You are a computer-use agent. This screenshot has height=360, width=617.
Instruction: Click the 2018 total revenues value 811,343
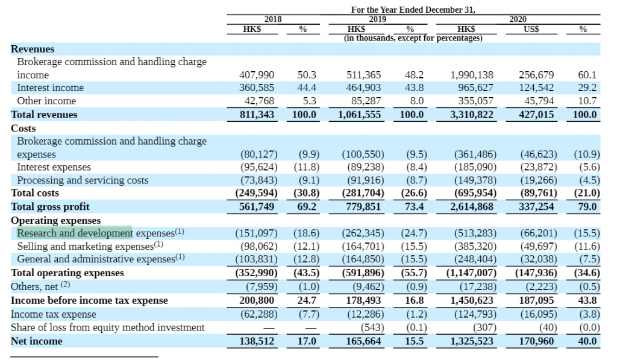coord(257,115)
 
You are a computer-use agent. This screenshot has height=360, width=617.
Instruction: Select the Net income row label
coord(37,341)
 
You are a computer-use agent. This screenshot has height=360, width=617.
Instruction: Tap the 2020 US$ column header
coord(531,29)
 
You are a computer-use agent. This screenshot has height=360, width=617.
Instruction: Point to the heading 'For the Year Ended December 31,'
coord(413,10)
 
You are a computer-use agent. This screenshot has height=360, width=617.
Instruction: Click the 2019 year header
coord(377,19)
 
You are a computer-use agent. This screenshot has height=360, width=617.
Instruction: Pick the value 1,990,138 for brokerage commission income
coord(472,75)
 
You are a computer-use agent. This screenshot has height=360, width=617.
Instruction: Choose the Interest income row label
coord(51,87)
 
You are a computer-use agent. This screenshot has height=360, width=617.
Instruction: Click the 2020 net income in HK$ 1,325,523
coord(472,341)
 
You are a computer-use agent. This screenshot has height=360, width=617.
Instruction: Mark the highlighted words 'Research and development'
coord(75,233)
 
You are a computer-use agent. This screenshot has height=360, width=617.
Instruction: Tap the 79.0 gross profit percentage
coord(587,207)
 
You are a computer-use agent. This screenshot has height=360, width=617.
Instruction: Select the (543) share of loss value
coord(372,327)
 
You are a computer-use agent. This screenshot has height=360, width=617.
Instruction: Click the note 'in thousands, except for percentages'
coord(413,38)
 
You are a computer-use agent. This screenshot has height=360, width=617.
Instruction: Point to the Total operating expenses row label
coord(67,273)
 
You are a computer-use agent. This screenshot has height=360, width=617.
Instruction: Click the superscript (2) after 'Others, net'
coord(65,285)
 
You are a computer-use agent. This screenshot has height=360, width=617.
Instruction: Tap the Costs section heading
coord(23,128)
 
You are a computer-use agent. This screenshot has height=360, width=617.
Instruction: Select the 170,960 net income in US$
coord(536,341)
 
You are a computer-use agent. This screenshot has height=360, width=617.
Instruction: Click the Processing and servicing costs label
coord(83,180)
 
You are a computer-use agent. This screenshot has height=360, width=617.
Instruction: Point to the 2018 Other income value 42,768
coord(259,101)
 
